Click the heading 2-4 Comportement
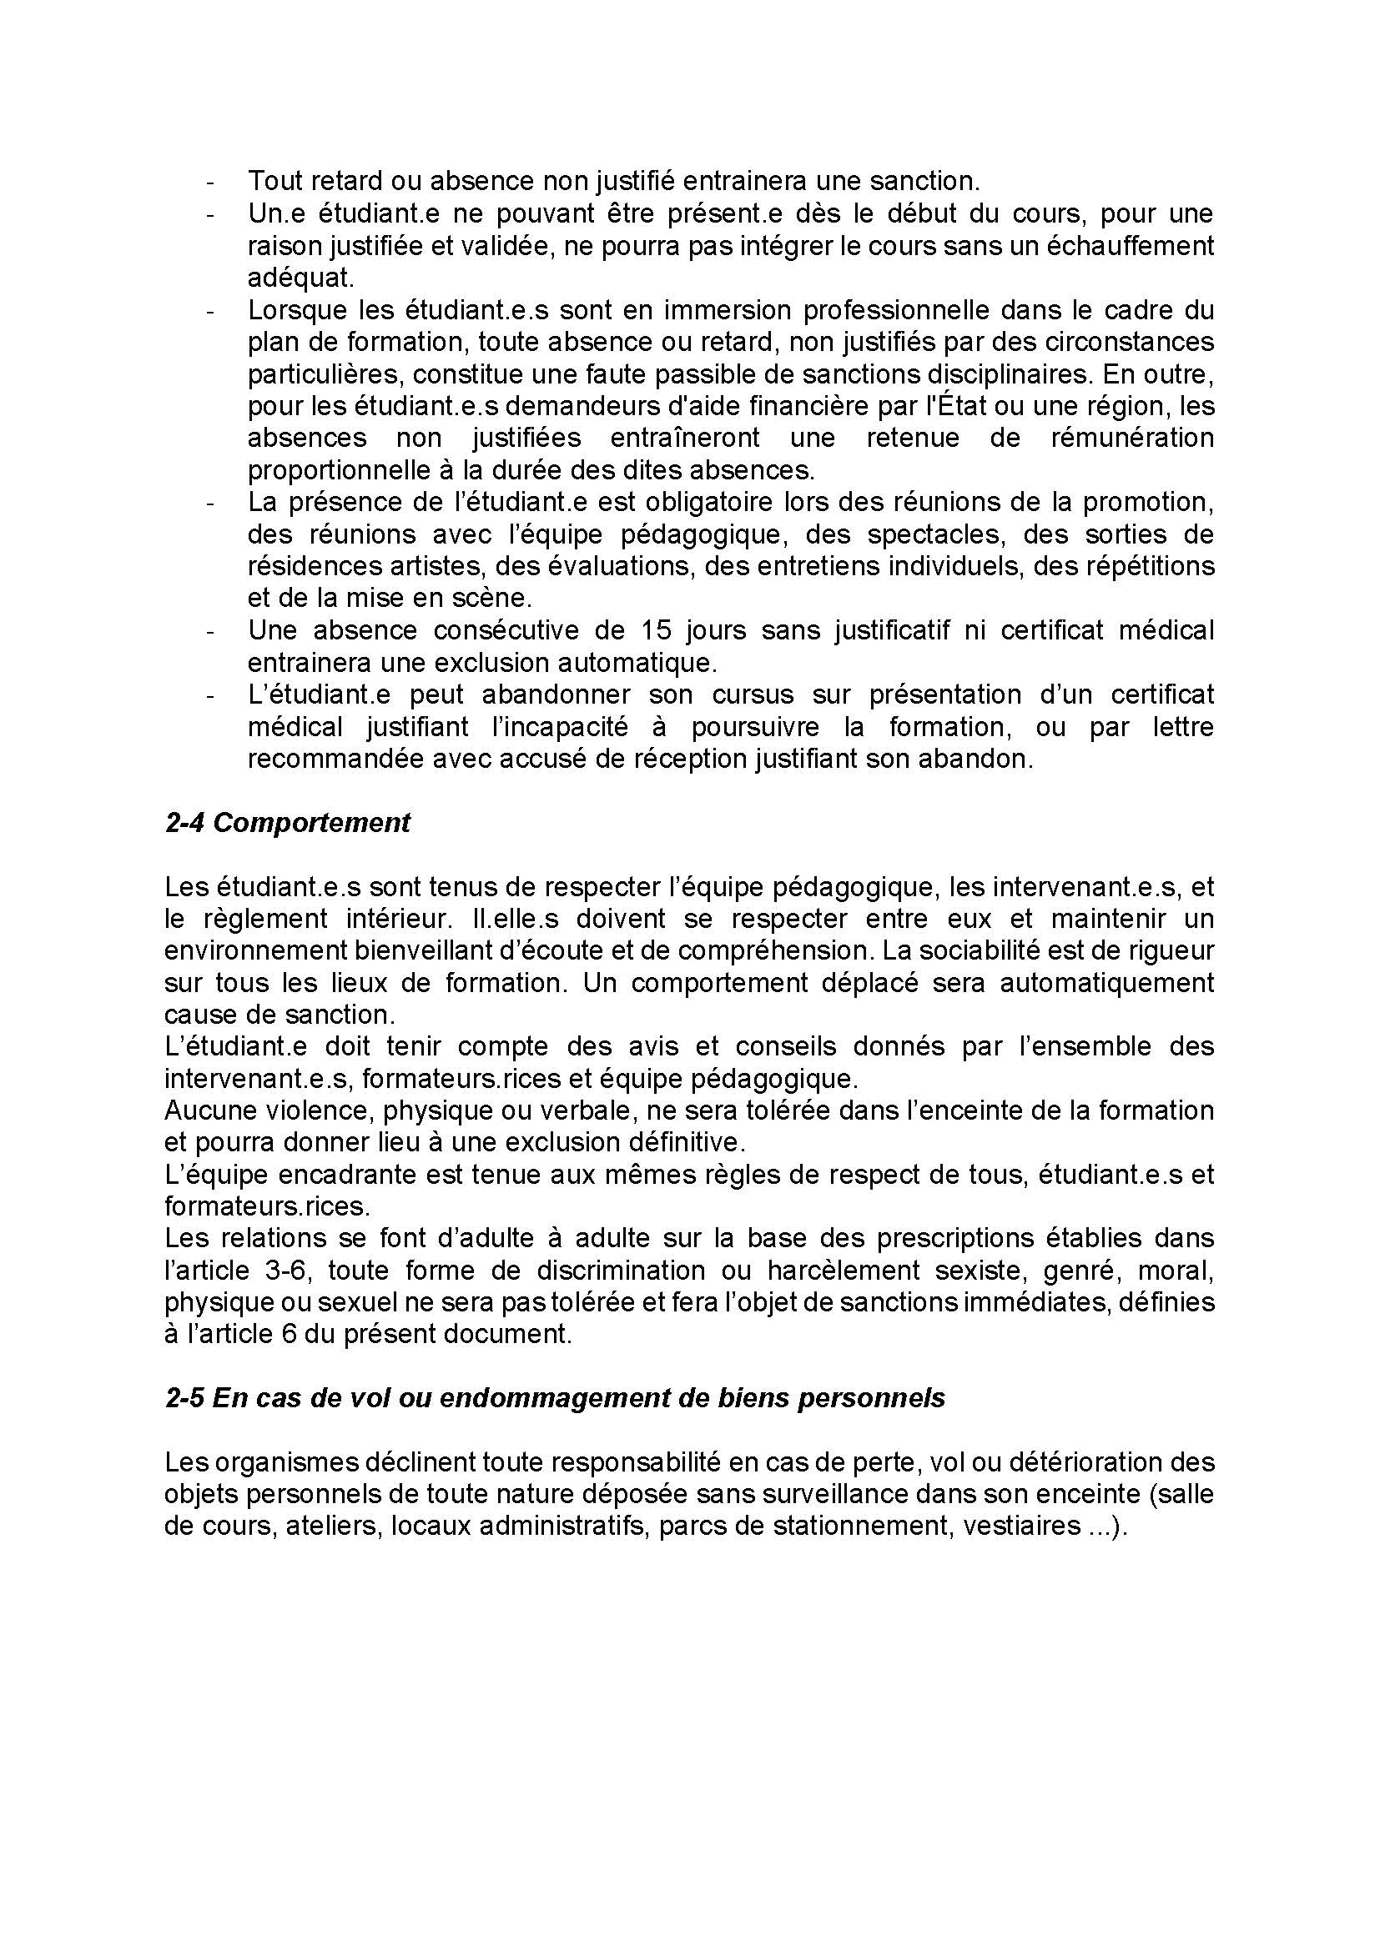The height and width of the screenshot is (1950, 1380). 287,823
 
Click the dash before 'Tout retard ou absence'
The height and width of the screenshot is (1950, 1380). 210,182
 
